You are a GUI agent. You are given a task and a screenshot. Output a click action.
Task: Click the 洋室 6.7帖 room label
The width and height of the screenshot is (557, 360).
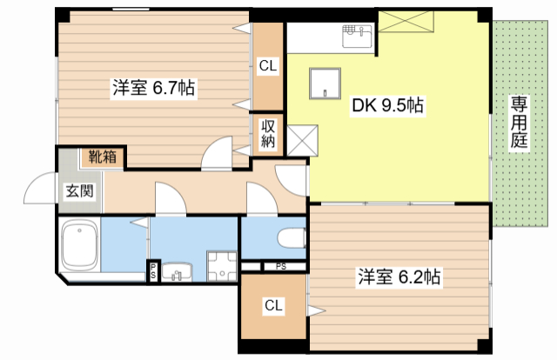pyautogui.click(x=152, y=88)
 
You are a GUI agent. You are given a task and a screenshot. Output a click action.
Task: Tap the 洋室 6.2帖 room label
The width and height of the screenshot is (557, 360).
pyautogui.click(x=399, y=277)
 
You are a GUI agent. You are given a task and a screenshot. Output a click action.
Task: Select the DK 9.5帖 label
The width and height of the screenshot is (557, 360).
pyautogui.click(x=387, y=106)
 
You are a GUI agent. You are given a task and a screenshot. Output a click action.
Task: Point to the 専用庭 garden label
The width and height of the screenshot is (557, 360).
pyautogui.click(x=520, y=123)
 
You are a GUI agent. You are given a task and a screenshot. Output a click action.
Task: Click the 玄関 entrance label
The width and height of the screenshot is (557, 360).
pyautogui.click(x=79, y=190)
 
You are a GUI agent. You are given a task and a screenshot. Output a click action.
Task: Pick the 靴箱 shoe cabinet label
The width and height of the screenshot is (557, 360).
pyautogui.click(x=104, y=157)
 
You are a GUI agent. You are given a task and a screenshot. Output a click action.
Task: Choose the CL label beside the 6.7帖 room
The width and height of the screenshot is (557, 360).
pyautogui.click(x=268, y=67)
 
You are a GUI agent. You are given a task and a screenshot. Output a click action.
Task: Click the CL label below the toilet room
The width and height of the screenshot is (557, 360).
pyautogui.click(x=273, y=305)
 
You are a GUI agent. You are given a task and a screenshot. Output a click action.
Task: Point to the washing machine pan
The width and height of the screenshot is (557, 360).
pyautogui.click(x=221, y=266)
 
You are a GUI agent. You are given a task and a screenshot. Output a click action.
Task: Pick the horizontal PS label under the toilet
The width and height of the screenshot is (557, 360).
pyautogui.click(x=280, y=266)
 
